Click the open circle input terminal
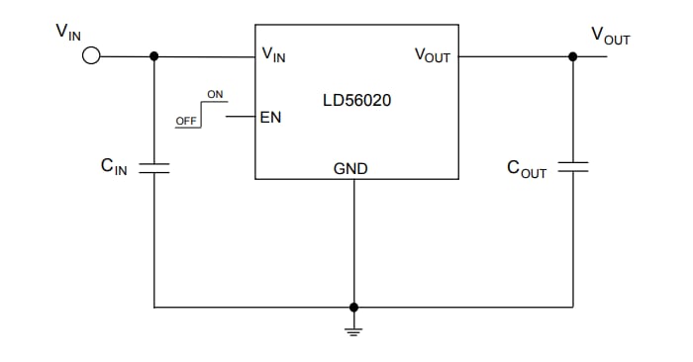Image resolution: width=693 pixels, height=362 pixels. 91,56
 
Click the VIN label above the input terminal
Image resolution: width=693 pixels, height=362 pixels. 68,31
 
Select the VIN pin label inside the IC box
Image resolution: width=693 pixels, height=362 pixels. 272,54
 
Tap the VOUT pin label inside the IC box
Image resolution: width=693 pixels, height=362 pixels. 432,55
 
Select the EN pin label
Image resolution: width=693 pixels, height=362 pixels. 269,117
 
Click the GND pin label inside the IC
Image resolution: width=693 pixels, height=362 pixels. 350,169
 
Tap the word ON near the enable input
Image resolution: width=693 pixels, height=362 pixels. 215,94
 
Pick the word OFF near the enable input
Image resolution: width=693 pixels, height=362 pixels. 185,121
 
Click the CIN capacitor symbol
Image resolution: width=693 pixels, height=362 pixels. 153,169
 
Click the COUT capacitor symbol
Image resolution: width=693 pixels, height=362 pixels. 573,169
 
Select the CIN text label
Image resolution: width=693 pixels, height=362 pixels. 114,167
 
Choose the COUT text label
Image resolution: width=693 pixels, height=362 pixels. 526,168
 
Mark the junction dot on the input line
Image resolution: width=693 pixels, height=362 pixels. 153,56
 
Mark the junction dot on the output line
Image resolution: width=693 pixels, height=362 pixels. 573,56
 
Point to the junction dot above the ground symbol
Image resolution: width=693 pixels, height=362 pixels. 354,307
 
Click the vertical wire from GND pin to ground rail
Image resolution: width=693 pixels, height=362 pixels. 354,242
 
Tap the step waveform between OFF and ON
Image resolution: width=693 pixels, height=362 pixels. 202,111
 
